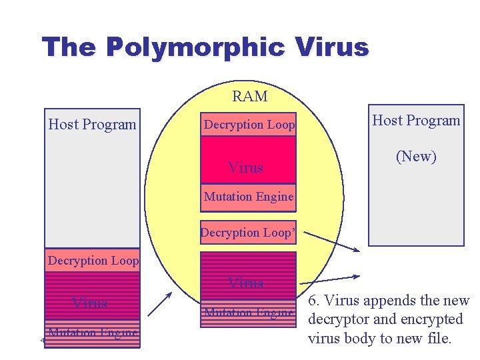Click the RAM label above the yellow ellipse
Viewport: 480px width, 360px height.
click(x=249, y=97)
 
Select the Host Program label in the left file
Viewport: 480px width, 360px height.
click(x=92, y=125)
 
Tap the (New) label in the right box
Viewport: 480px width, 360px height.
click(x=416, y=157)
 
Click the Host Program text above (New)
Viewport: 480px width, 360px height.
click(x=416, y=121)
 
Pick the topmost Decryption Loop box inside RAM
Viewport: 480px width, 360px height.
click(x=249, y=125)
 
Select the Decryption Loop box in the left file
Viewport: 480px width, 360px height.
click(x=93, y=261)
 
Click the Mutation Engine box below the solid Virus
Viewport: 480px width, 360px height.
click(x=248, y=197)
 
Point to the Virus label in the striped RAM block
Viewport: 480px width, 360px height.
click(x=245, y=283)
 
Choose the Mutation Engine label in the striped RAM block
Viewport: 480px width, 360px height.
click(x=249, y=313)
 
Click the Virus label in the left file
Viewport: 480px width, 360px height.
click(x=90, y=303)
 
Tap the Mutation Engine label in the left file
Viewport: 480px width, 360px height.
click(x=93, y=332)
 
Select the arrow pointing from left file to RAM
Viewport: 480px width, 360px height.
click(x=160, y=304)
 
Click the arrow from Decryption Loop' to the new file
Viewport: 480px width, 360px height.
click(x=332, y=241)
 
